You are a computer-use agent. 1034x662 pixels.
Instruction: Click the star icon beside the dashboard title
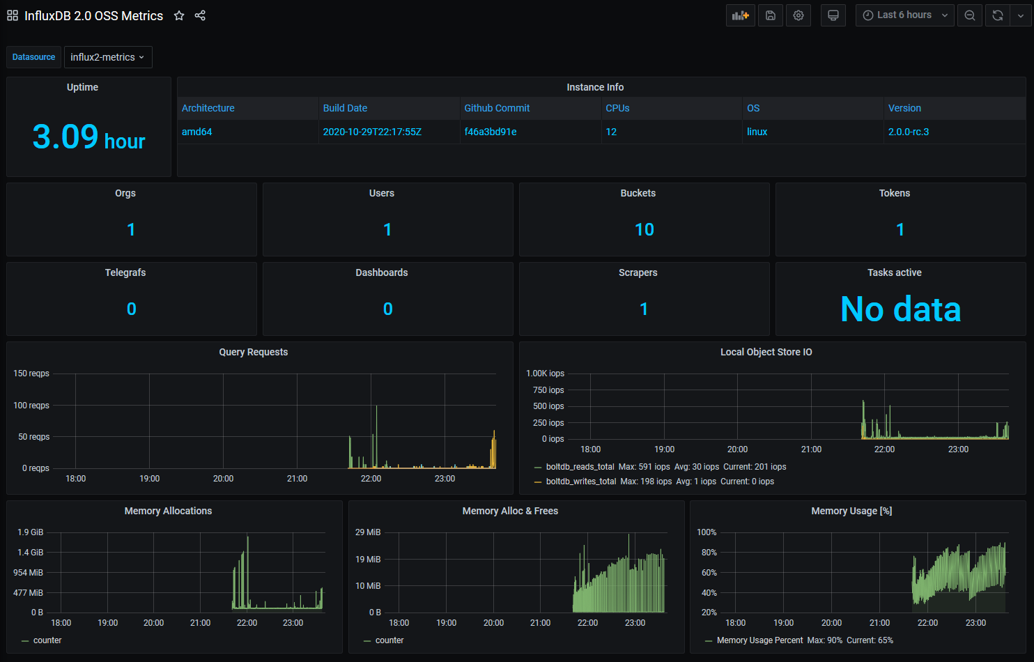pos(179,16)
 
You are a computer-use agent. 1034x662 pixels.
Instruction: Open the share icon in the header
pos(200,16)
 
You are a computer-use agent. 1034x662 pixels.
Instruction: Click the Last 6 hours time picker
pos(904,15)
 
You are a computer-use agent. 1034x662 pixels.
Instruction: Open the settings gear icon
pos(798,15)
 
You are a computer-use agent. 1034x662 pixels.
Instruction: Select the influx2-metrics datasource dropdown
pos(108,57)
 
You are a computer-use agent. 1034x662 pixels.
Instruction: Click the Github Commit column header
pos(497,108)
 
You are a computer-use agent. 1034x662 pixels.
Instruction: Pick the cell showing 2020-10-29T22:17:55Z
pos(372,132)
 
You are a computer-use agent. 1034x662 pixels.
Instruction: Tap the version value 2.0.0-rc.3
pos(909,132)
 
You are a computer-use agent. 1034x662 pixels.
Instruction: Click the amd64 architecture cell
pos(196,132)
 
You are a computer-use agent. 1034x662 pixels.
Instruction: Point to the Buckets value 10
pos(645,229)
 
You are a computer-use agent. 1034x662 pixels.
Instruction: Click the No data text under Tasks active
pos(901,309)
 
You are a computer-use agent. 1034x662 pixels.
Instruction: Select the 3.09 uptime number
pos(65,137)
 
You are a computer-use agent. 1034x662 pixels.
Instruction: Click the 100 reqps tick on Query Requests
pos(31,406)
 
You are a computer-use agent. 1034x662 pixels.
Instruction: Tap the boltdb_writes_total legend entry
pos(581,481)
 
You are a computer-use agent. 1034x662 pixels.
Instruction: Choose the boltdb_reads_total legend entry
pos(580,467)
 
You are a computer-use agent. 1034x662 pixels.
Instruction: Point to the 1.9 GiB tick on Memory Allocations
pos(31,532)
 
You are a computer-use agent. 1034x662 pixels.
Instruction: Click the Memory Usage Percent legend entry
pos(759,640)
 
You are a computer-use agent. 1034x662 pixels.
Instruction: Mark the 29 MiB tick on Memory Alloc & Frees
pos(368,532)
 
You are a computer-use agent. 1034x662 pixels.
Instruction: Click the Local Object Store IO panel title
pos(766,352)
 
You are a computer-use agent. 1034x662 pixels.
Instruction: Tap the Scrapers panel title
pos(638,272)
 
